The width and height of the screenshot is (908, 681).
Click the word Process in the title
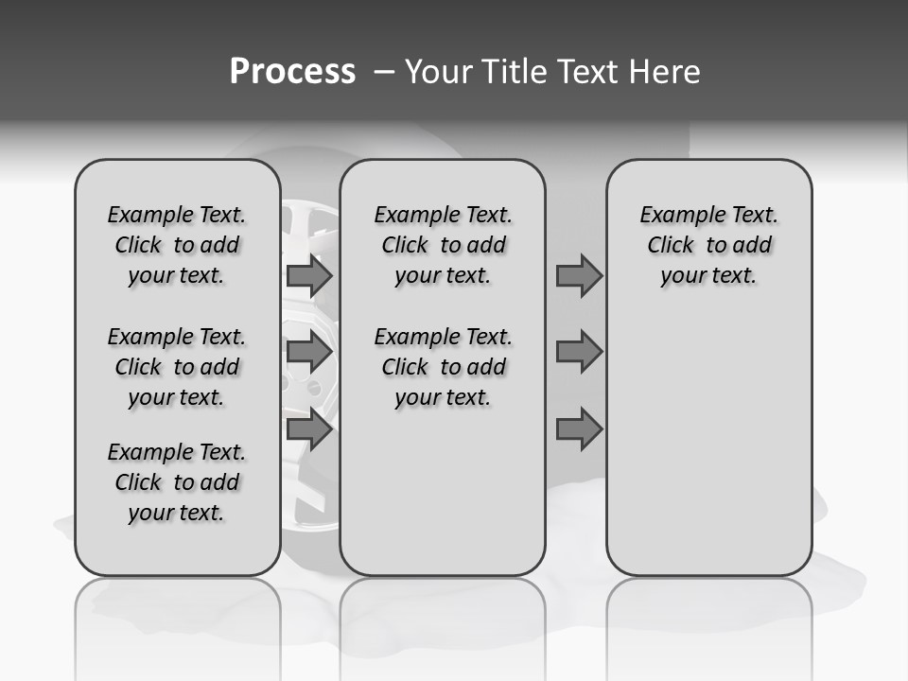pyautogui.click(x=291, y=72)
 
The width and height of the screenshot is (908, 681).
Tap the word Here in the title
pyautogui.click(x=666, y=72)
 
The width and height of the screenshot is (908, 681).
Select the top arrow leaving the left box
pyautogui.click(x=308, y=276)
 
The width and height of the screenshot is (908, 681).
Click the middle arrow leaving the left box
pyautogui.click(x=308, y=353)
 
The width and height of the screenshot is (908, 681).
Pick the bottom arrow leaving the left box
pyautogui.click(x=308, y=429)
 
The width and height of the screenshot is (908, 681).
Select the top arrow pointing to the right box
pyautogui.click(x=579, y=276)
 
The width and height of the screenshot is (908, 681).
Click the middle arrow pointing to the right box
pyautogui.click(x=579, y=353)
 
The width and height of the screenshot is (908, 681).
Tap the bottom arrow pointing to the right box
pyautogui.click(x=579, y=429)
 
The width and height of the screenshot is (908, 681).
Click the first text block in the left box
pyautogui.click(x=177, y=246)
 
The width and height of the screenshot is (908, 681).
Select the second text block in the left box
pyautogui.click(x=177, y=367)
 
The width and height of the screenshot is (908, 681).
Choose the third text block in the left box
pyautogui.click(x=177, y=482)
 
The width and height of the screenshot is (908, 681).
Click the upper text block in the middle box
pyautogui.click(x=443, y=246)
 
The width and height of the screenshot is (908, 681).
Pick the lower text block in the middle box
pyautogui.click(x=443, y=367)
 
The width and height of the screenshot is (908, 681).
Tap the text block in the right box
pyautogui.click(x=708, y=246)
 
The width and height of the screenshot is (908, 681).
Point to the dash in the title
pyautogui.click(x=384, y=72)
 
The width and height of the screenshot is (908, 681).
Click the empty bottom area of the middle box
pyautogui.click(x=443, y=501)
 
